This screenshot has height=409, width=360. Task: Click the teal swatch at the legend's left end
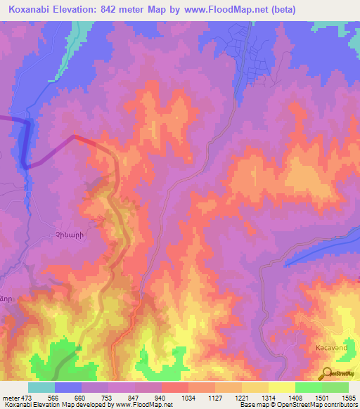(41, 387)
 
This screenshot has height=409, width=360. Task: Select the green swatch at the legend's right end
(335, 387)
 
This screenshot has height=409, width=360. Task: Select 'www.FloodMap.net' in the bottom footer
(144, 405)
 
